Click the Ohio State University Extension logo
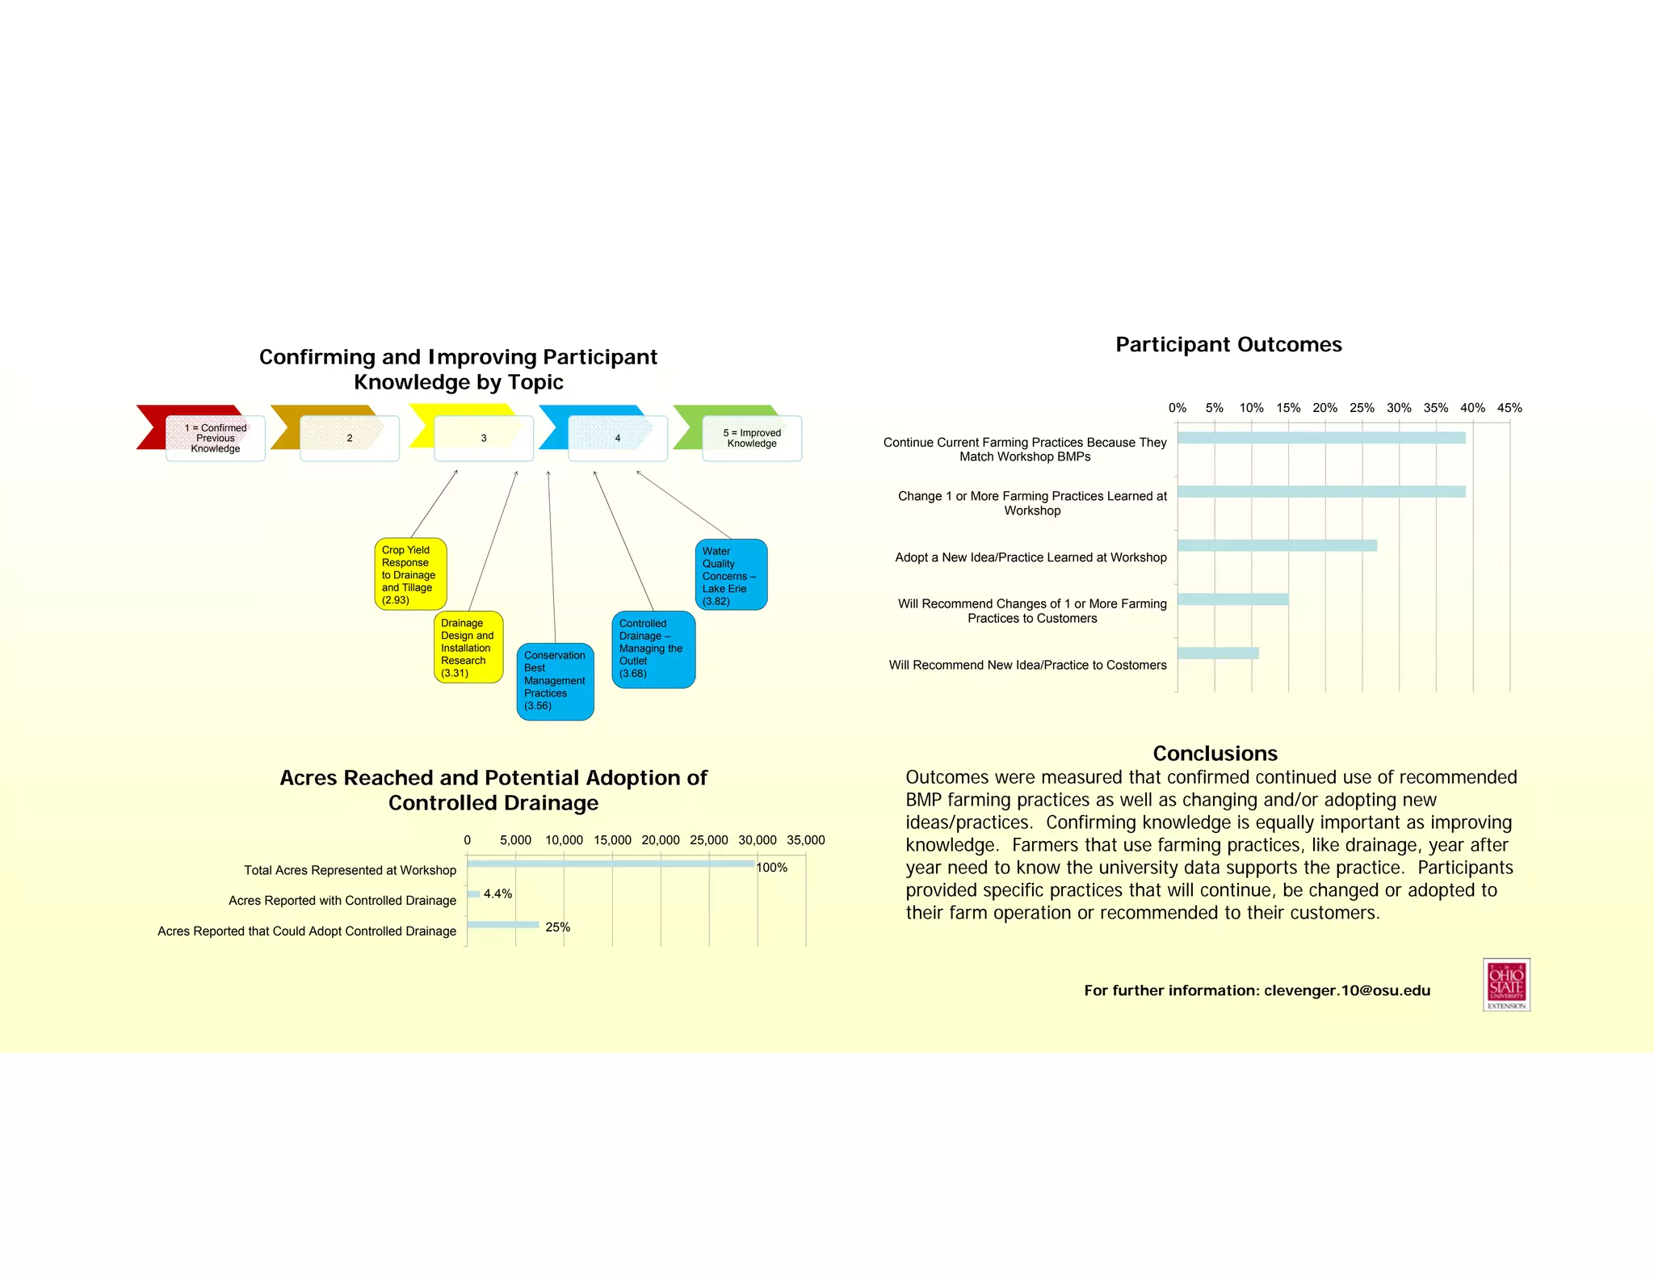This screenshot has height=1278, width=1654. click(x=1506, y=984)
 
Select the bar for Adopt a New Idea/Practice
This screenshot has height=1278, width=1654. click(x=1277, y=546)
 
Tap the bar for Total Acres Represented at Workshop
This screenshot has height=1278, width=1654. click(x=611, y=864)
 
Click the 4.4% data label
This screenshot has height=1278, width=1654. click(x=497, y=894)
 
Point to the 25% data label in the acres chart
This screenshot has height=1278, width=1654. click(x=557, y=927)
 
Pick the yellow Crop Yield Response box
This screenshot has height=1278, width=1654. click(x=410, y=574)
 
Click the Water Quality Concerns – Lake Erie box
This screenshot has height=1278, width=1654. click(x=731, y=574)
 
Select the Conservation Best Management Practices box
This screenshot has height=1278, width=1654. click(x=555, y=681)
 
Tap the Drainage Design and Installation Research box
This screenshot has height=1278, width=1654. click(x=468, y=647)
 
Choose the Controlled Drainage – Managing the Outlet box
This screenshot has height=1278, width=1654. click(x=653, y=649)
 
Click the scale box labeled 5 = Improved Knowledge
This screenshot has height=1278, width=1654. click(x=752, y=439)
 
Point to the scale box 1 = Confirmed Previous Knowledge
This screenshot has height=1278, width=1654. click(x=216, y=439)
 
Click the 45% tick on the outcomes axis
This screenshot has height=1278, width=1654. click(x=1509, y=408)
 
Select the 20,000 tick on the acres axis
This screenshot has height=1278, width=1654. click(x=661, y=840)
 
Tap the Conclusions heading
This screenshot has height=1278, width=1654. click(x=1215, y=754)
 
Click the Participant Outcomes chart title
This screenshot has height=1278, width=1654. click(x=1228, y=345)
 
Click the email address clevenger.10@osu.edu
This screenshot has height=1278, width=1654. click(x=1346, y=990)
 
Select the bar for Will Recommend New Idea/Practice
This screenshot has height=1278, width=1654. click(x=1218, y=654)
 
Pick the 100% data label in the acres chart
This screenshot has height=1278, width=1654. click(x=772, y=868)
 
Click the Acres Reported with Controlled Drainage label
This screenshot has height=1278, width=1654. click(x=342, y=901)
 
